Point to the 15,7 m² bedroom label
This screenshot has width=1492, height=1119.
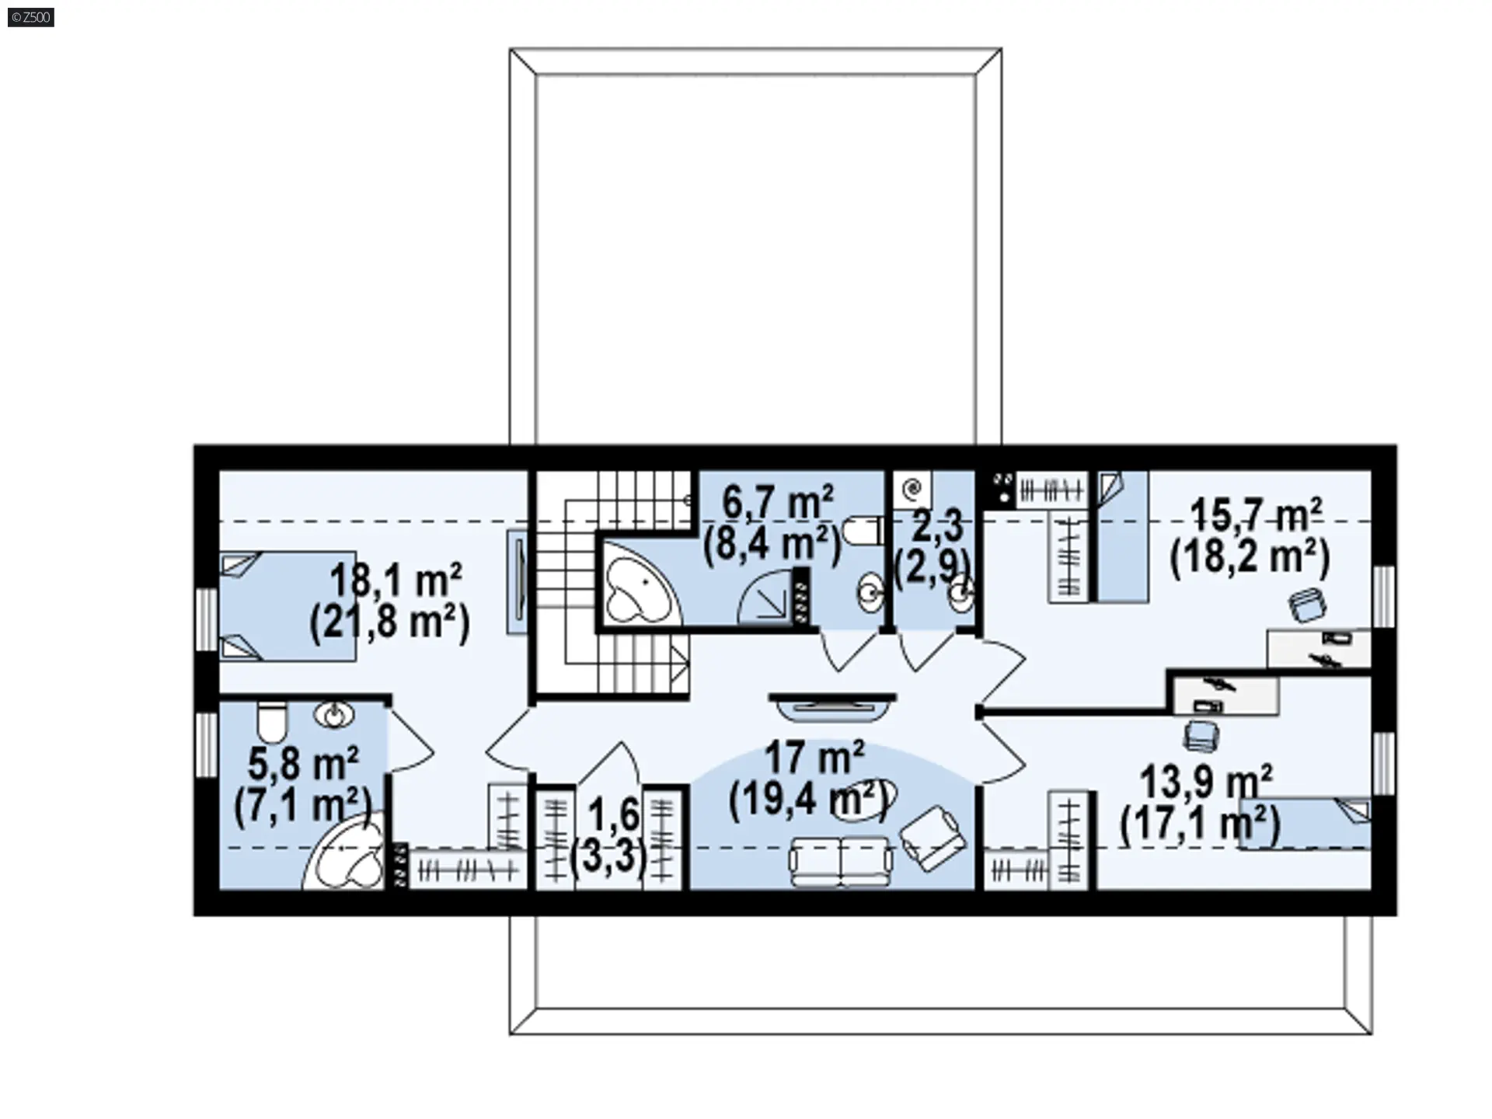(1256, 514)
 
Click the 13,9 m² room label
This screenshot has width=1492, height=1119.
(1206, 780)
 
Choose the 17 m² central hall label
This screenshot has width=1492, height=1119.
(814, 757)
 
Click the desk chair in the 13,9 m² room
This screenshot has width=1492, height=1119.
(1201, 735)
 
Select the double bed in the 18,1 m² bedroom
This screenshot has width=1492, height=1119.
(288, 606)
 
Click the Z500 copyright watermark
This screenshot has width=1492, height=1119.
(31, 17)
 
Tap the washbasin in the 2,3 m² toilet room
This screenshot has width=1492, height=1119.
(962, 595)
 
